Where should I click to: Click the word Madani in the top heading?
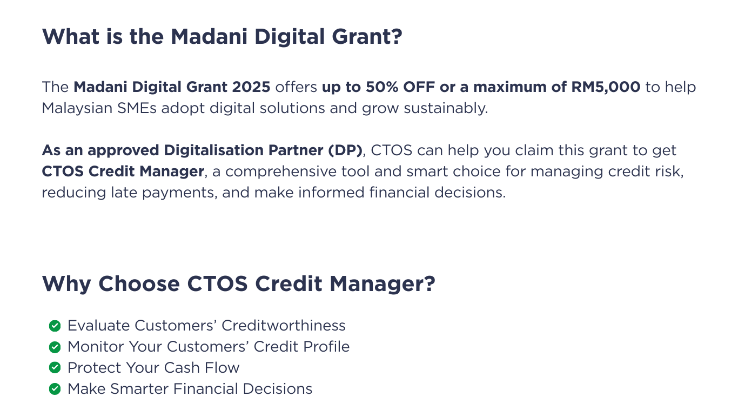(209, 36)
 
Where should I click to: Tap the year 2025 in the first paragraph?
(251, 87)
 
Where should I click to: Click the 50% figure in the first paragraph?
(381, 87)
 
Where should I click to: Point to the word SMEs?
(137, 108)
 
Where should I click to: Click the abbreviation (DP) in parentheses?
(345, 150)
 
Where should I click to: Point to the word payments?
(179, 193)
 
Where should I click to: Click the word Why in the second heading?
(66, 284)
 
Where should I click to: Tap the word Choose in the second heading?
(139, 283)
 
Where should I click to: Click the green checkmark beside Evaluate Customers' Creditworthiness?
(55, 326)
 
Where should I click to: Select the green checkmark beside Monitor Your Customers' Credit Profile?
(55, 347)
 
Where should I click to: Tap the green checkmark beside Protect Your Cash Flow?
(55, 367)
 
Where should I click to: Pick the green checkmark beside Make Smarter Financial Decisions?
(55, 389)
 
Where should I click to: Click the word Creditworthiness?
(283, 326)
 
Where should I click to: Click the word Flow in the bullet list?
(222, 368)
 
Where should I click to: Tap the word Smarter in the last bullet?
(139, 389)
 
